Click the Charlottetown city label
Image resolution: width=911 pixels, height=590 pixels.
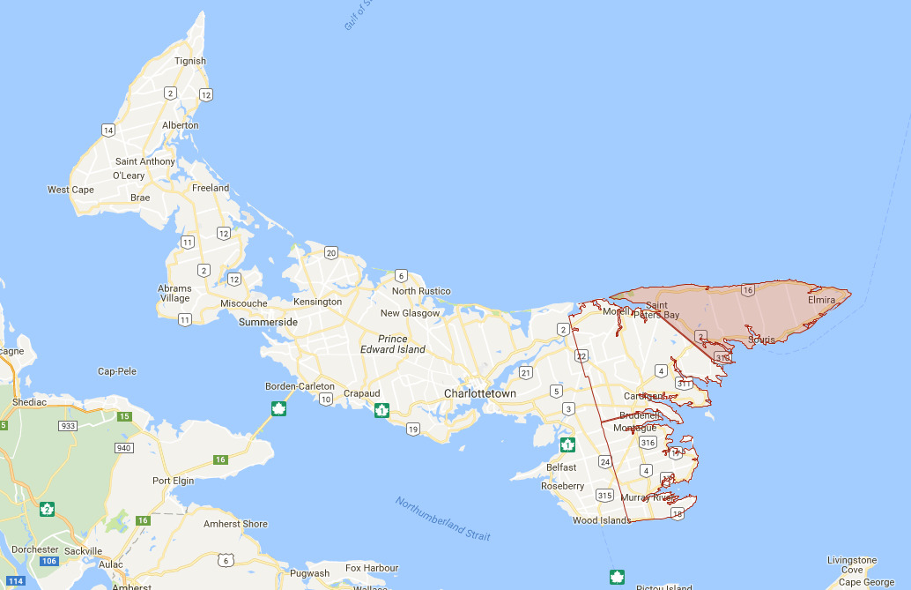click(x=479, y=393)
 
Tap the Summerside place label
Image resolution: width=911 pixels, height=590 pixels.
click(x=268, y=322)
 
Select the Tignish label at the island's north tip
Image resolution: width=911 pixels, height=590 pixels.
click(x=190, y=61)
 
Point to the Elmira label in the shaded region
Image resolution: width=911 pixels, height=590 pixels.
click(x=821, y=300)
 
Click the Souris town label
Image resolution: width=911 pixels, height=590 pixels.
click(x=761, y=340)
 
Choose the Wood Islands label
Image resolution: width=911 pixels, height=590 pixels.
click(x=602, y=520)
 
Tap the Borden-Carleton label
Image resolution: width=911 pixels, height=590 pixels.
click(x=300, y=386)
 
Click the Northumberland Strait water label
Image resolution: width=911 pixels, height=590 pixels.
click(x=443, y=519)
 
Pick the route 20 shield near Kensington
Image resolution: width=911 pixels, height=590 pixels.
click(x=330, y=253)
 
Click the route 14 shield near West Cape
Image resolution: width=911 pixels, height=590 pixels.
click(x=108, y=131)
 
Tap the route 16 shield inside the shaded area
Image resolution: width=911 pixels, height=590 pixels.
click(x=748, y=289)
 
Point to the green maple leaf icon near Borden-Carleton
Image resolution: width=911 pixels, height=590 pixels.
click(x=278, y=408)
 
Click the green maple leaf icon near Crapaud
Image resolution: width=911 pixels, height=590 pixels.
click(x=381, y=410)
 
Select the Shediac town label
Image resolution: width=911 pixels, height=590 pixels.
click(x=23, y=401)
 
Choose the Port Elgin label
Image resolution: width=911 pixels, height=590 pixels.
click(x=174, y=481)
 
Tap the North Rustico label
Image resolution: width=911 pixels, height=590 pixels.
click(x=421, y=291)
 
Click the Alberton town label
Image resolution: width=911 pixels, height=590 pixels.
click(x=181, y=125)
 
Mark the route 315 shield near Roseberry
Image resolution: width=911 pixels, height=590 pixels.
click(x=604, y=495)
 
